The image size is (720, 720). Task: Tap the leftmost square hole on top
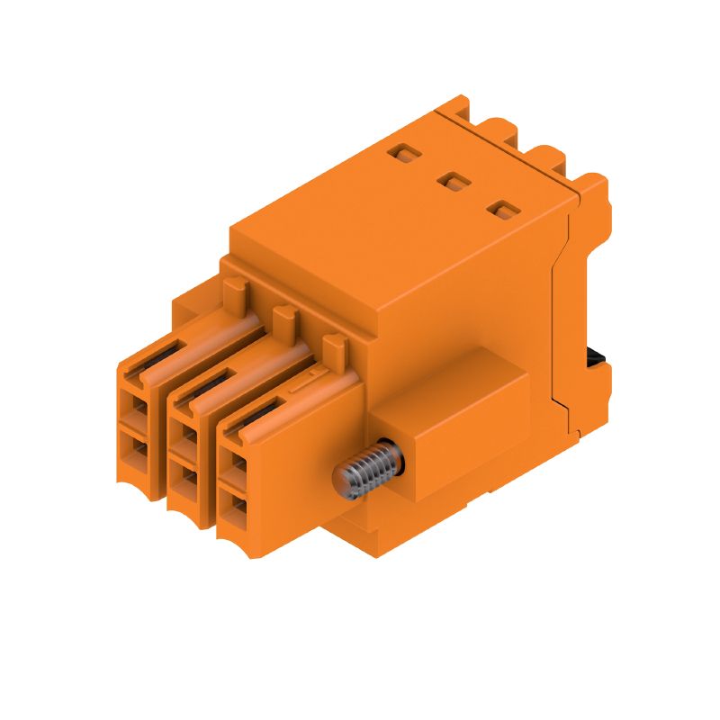click(402, 155)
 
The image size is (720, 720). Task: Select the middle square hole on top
click(451, 183)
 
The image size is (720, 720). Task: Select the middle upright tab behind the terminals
click(284, 316)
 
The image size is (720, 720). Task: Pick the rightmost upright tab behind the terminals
click(335, 345)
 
